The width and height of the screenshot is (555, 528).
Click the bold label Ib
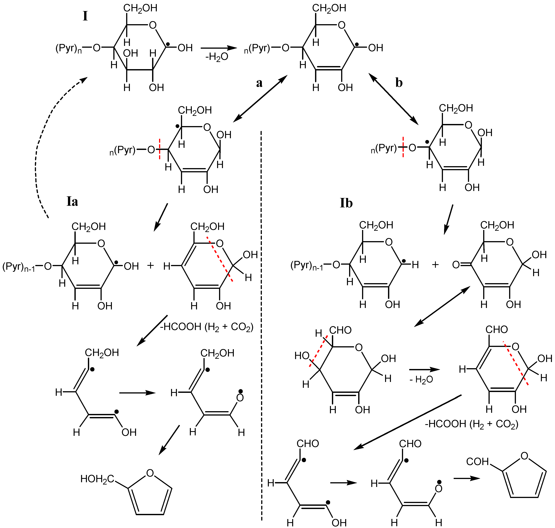[x=346, y=203]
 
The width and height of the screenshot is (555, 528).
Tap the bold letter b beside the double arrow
[x=399, y=83]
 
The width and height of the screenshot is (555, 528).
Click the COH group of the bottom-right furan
[x=477, y=462]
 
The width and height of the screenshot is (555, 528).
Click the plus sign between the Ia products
[x=150, y=265]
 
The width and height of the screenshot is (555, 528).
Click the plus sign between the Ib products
[x=435, y=264]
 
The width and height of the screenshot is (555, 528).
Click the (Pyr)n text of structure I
[x=69, y=48]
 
